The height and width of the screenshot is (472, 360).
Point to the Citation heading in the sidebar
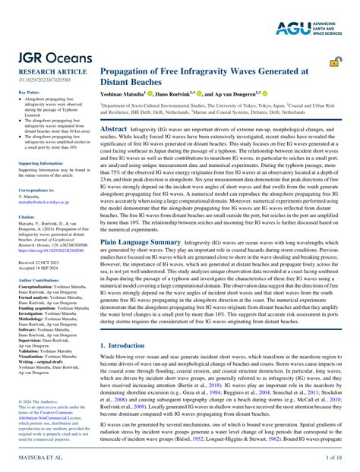pos(25,216)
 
